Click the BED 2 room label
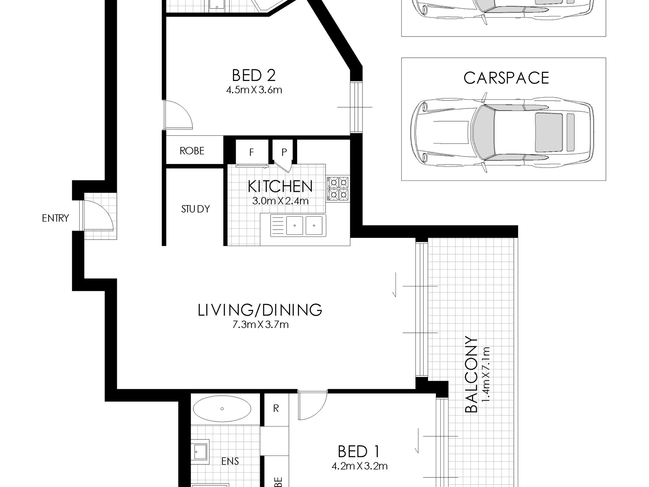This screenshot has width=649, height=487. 253,75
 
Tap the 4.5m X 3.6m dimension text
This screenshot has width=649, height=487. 254,90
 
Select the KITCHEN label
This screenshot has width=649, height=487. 280,187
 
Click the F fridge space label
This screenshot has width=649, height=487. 251,152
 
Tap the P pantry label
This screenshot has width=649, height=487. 284,152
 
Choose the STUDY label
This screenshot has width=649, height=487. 195,209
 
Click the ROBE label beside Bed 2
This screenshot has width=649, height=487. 192,151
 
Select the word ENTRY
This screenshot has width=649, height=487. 55,218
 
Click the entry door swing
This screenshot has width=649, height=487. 99,215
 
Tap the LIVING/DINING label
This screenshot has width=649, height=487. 260,310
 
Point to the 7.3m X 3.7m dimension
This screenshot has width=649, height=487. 260,325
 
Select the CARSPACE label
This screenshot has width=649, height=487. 506,78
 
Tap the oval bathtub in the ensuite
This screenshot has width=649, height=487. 222,409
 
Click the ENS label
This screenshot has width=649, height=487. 230,461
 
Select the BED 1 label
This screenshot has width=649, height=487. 358,452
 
